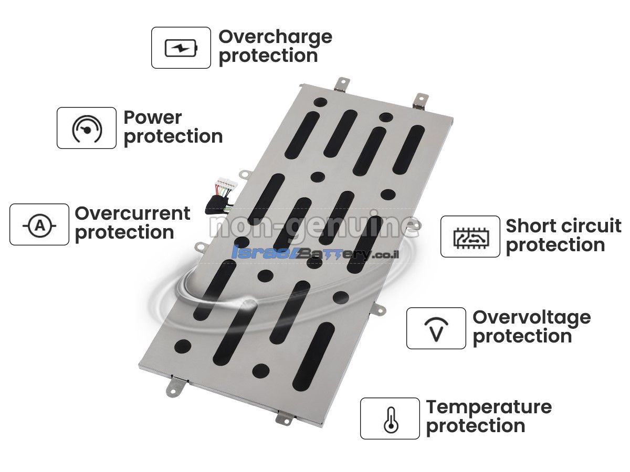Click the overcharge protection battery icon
tap(181, 48)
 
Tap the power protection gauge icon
tap(87, 128)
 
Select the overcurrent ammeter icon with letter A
tap(39, 226)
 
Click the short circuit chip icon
tap(471, 238)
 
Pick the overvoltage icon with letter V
tap(436, 329)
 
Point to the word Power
tap(153, 118)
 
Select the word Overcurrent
tap(133, 213)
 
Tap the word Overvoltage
tap(532, 319)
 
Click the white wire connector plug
tap(224, 183)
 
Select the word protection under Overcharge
tap(269, 57)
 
